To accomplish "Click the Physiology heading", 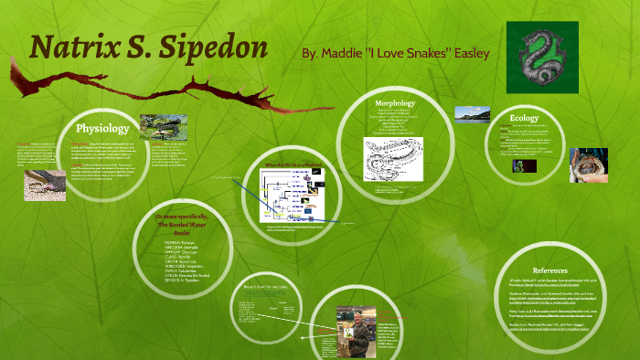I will click(102, 128).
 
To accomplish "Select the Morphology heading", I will click(395, 103).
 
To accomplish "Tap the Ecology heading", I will click(524, 117).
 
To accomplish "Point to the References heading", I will click(555, 270).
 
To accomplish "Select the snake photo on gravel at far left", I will click(44, 185).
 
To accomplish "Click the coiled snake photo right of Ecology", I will click(588, 164).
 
